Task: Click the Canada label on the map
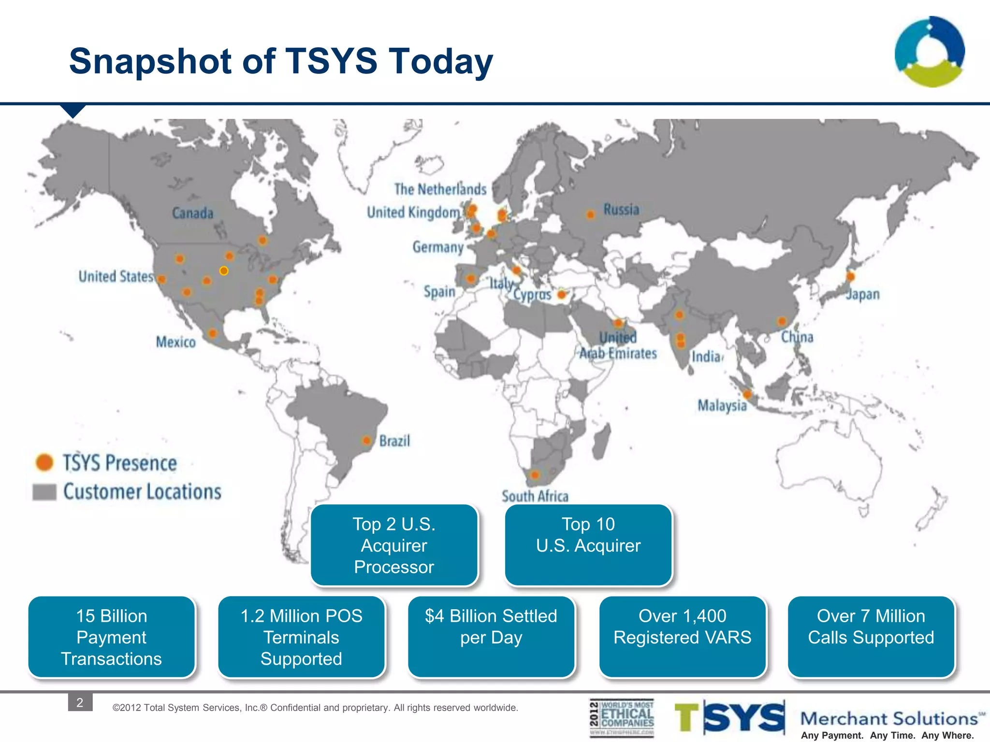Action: [x=192, y=213]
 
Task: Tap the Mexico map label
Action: [x=175, y=342]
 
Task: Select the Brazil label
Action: [x=394, y=441]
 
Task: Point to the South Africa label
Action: [x=535, y=496]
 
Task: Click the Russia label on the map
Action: [x=621, y=210]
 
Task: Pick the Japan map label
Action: [x=863, y=294]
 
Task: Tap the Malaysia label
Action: [x=722, y=405]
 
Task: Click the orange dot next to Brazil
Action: [x=367, y=440]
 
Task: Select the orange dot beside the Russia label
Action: [x=590, y=214]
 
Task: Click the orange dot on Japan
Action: [x=850, y=276]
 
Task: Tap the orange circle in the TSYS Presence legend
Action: [x=44, y=462]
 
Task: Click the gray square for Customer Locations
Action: [x=44, y=492]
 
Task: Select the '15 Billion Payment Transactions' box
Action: [x=112, y=637]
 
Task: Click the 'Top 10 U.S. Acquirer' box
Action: [x=588, y=545]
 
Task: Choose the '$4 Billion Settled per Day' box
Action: [x=491, y=637]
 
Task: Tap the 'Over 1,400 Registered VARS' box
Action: [x=682, y=637]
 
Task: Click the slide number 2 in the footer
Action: [x=80, y=702]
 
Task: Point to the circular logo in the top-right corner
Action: [x=930, y=52]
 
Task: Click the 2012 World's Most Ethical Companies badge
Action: [x=622, y=718]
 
